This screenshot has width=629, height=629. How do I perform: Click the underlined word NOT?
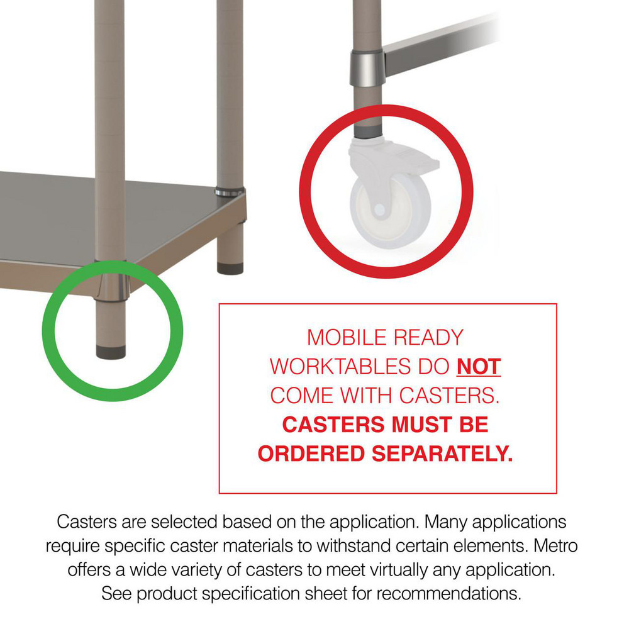click(479, 366)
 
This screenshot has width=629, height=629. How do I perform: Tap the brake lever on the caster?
click(422, 165)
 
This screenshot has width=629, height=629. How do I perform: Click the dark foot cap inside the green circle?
click(111, 352)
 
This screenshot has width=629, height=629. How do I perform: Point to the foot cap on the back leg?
click(230, 267)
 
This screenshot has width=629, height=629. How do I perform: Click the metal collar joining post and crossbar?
click(367, 65)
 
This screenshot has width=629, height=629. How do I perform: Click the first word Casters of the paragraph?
click(82, 521)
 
